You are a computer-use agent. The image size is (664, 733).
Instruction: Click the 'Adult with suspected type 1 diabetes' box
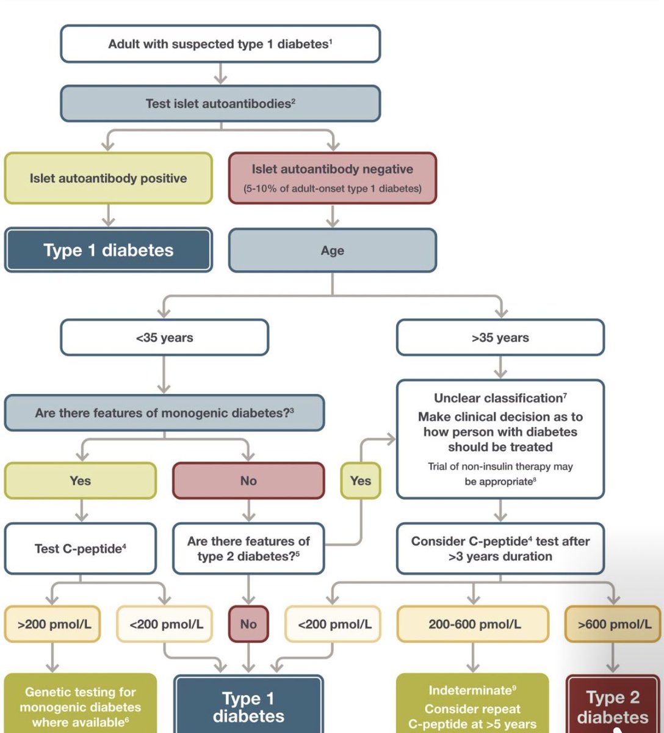tap(220, 43)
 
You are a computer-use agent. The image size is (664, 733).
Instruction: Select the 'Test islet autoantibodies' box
tap(220, 103)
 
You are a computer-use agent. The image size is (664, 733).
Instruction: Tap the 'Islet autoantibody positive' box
tap(109, 178)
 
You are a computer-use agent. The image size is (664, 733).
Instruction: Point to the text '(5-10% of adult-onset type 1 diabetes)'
tap(333, 189)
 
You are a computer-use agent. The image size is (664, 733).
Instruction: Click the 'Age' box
tap(333, 250)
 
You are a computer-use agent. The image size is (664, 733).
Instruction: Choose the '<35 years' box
tap(164, 337)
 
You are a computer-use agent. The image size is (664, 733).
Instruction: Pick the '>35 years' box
tap(500, 337)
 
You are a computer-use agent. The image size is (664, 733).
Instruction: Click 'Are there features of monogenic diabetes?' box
tap(164, 413)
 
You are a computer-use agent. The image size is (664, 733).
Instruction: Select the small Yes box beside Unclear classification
tap(361, 481)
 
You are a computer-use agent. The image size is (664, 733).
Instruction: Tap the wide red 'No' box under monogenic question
tap(248, 481)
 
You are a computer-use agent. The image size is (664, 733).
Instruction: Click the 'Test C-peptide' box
tap(81, 549)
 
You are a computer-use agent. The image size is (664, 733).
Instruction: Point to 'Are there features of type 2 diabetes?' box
tap(248, 549)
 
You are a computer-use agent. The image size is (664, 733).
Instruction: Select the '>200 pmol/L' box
tap(52, 624)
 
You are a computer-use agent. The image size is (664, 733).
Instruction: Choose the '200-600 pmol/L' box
tap(473, 624)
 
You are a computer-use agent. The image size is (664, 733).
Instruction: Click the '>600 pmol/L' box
tap(613, 624)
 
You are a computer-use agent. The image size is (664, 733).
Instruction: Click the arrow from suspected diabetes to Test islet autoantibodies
tap(220, 73)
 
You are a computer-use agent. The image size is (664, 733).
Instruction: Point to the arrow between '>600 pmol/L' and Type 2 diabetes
tap(613, 658)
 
